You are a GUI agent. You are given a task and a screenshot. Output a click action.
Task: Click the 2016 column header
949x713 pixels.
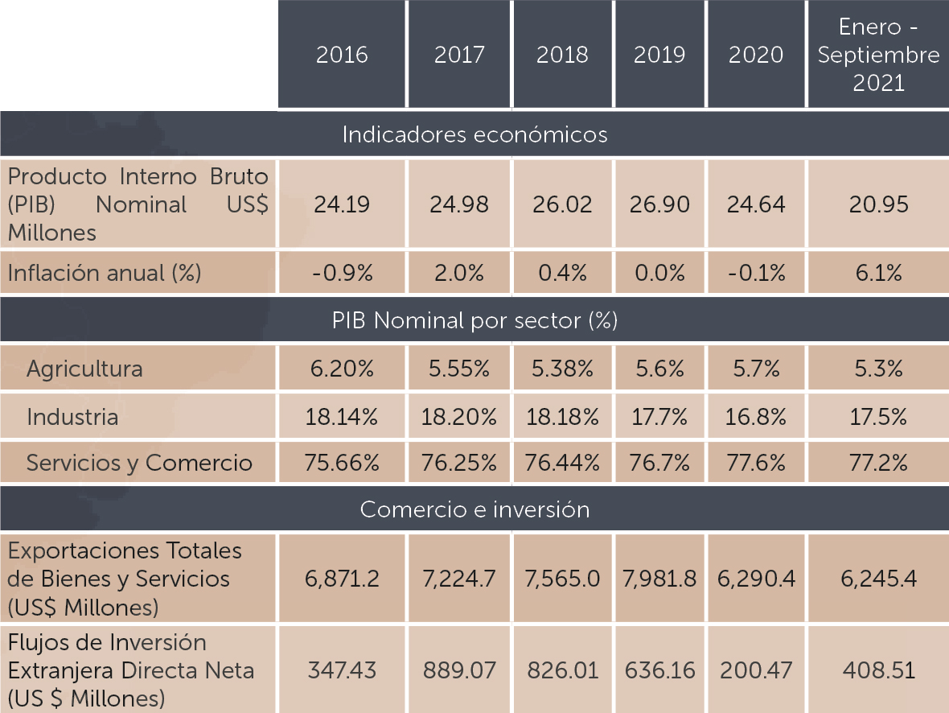tap(342, 55)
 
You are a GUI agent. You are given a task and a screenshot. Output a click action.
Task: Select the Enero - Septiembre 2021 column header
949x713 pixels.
tap(878, 55)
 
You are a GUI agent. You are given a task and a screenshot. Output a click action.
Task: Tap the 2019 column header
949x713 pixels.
tap(659, 55)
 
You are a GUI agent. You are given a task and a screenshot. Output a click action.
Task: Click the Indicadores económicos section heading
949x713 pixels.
tap(474, 134)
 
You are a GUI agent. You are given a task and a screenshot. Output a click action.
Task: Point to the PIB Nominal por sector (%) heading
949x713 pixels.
tap(474, 320)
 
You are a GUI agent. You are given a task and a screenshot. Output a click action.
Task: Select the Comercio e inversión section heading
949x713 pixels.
tap(474, 509)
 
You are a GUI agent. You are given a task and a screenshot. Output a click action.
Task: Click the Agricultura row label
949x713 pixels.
tap(84, 369)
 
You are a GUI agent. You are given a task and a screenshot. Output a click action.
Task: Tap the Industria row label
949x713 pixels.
tap(72, 417)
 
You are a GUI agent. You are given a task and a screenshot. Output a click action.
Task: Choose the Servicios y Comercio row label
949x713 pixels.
tap(139, 463)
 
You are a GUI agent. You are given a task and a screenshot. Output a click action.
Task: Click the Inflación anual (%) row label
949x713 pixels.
tap(104, 273)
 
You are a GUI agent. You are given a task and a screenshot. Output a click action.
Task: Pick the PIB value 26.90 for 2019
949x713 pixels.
tap(659, 204)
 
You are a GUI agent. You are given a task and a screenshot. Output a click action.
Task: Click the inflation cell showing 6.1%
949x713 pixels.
tap(878, 273)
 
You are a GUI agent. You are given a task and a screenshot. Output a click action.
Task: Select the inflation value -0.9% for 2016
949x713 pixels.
tap(342, 273)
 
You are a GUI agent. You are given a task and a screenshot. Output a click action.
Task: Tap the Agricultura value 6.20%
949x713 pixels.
tap(342, 369)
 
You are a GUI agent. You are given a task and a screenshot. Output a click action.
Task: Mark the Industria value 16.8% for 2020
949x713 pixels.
tap(755, 417)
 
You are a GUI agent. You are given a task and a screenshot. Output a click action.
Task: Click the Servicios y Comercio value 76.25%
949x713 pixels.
tap(459, 463)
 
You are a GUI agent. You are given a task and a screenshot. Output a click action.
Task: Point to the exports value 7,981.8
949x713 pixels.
tap(659, 579)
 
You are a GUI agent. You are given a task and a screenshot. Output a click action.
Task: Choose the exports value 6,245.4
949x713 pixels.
tap(878, 579)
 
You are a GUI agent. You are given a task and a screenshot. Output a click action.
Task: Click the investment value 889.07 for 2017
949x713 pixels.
tap(459, 670)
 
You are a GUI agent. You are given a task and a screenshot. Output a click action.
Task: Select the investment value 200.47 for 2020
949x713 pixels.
tap(755, 670)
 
